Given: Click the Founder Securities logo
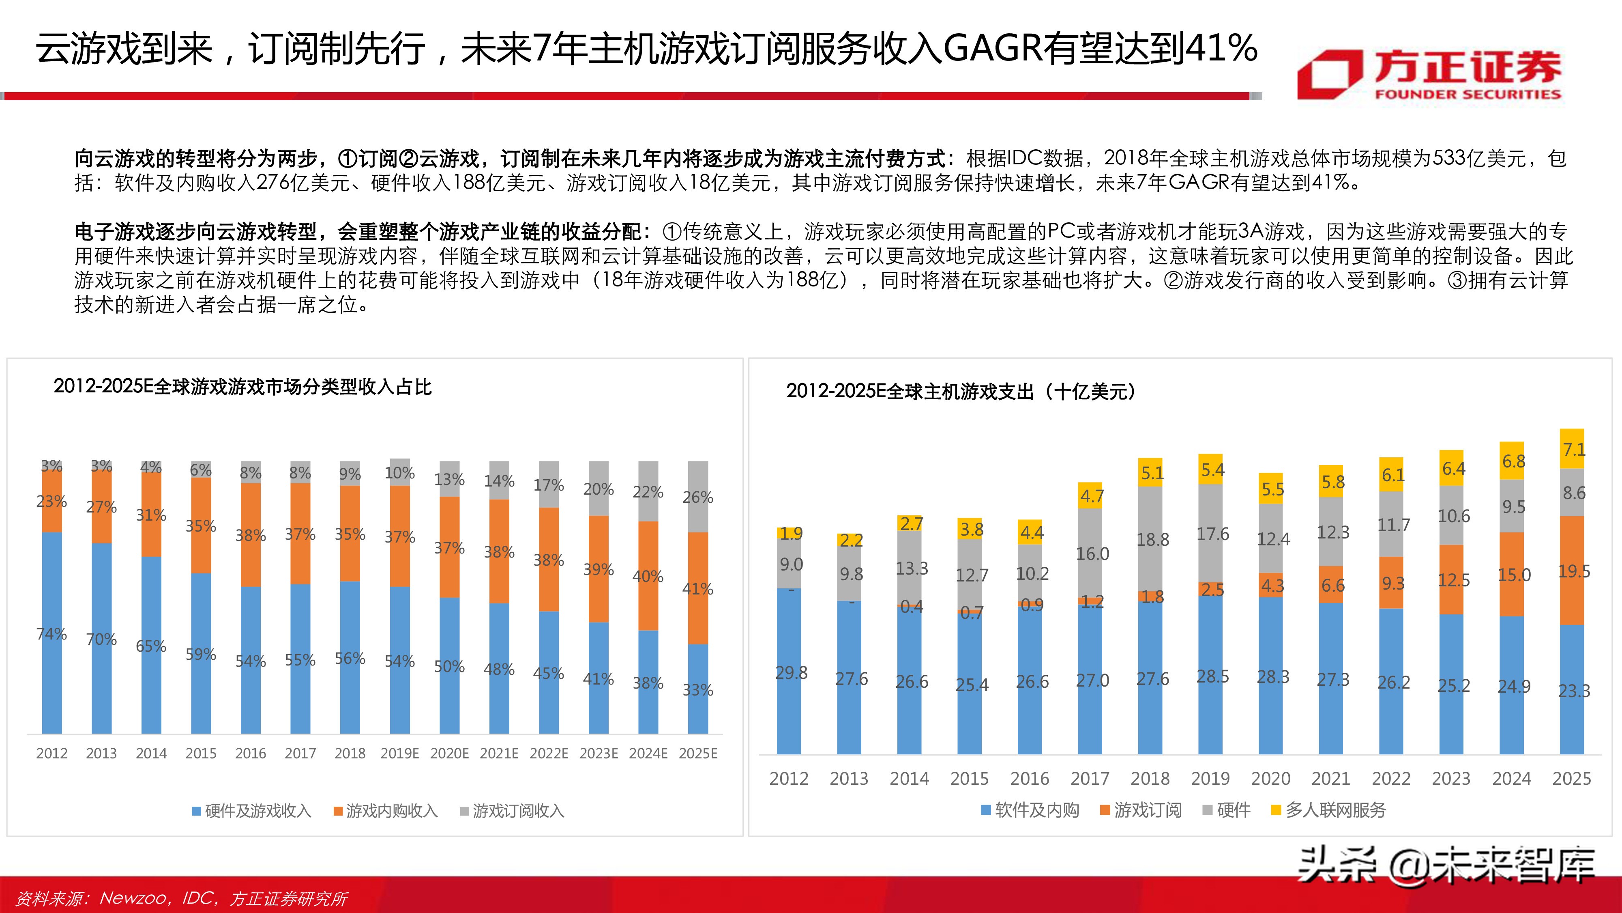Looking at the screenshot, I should pos(1429,75).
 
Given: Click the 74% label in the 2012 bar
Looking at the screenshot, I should pos(51,634).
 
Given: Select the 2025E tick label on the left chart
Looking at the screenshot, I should pos(697,754).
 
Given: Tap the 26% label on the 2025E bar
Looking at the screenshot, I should pos(697,497).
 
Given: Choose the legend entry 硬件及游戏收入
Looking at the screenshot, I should pos(251,811).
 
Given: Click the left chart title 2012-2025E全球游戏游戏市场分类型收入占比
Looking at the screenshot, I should pos(242,387).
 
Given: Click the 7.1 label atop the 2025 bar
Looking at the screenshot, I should pos(1573,449).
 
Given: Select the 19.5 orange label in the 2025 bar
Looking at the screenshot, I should pos(1573,571).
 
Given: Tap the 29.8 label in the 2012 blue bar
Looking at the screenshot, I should pos(791,673).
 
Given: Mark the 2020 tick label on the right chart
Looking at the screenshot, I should pos(1270,779).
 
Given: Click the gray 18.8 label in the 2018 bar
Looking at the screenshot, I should pos(1152,540).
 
